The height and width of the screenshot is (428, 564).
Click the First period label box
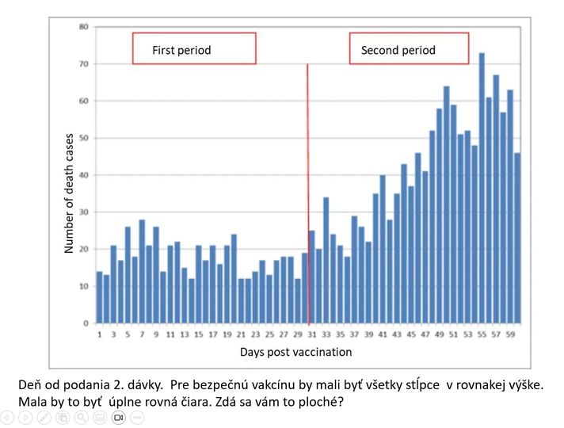[x=194, y=49]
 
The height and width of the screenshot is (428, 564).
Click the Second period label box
[x=409, y=49]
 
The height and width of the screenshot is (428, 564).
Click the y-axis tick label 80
[x=83, y=27]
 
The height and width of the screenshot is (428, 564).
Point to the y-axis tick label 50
[x=83, y=138]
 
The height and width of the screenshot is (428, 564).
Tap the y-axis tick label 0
[x=86, y=323]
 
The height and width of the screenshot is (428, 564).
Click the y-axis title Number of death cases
[x=69, y=193]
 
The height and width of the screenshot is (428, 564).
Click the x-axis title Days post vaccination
[x=295, y=352]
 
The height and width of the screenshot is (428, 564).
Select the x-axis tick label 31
[x=311, y=334]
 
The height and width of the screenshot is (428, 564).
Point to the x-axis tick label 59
[x=510, y=334]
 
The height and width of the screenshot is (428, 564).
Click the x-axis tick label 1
[x=100, y=334]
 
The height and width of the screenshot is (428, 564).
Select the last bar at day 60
[x=517, y=238]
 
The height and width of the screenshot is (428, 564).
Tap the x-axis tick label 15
[x=199, y=334]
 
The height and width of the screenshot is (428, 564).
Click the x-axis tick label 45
[x=411, y=334]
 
